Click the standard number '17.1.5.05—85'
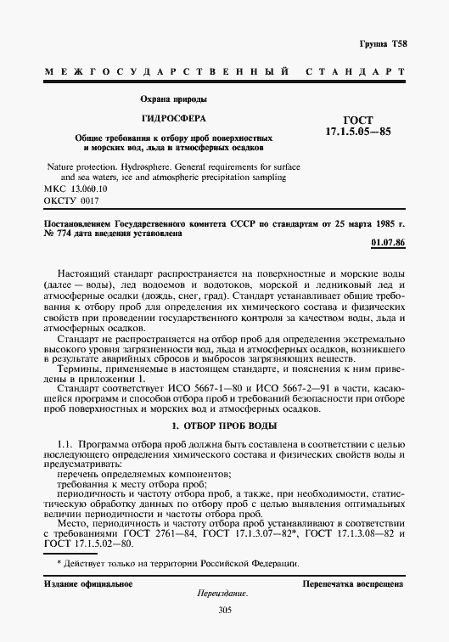pos(357,134)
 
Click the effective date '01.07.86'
pos(389,244)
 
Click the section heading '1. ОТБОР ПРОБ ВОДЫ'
pos(224,424)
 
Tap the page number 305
pos(225,610)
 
